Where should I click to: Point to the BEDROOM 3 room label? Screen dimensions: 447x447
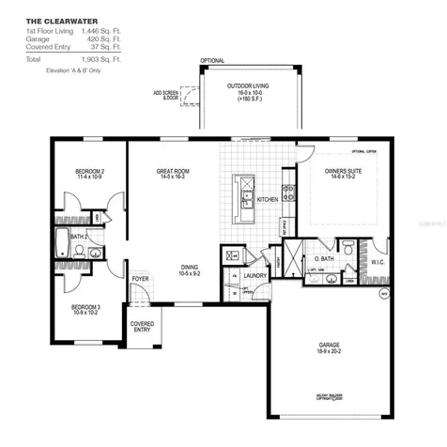89,308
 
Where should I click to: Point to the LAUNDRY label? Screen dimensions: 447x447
254,276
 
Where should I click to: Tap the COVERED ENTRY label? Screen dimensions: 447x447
142,326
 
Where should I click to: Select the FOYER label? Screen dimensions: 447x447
141,279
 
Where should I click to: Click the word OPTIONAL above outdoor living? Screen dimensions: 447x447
213,61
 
